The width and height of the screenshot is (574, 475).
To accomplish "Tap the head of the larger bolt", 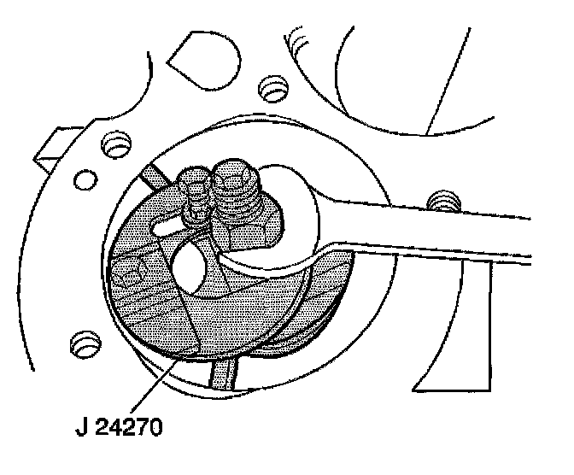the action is (235, 175).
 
